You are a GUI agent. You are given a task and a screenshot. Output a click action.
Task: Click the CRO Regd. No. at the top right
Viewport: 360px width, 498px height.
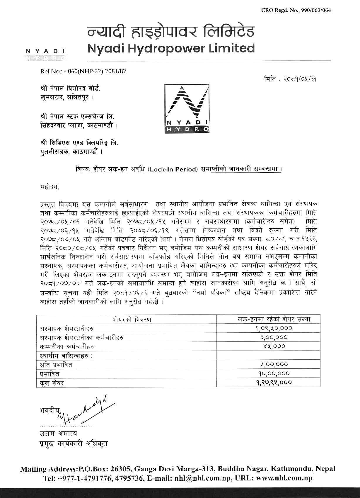point(296,10)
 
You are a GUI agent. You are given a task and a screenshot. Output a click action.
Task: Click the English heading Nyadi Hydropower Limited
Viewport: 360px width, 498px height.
point(171,48)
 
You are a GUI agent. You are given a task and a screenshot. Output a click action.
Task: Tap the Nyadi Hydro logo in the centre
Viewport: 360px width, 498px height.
point(187,109)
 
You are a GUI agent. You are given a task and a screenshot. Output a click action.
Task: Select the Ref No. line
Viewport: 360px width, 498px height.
point(83,71)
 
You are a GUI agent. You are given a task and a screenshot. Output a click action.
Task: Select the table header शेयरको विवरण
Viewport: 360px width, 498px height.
point(132,319)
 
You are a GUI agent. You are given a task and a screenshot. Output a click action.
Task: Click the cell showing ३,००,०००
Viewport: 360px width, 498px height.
point(274,337)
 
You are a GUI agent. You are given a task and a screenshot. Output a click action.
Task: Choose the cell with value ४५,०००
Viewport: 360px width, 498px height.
point(274,346)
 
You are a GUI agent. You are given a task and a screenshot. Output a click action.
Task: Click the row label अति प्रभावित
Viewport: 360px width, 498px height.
point(56,365)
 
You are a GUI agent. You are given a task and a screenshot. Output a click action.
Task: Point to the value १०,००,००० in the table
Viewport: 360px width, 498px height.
point(274,373)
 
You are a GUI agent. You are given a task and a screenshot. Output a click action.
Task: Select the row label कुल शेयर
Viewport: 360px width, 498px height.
point(52,383)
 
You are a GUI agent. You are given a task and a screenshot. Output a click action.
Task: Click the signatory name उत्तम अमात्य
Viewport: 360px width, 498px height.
point(58,434)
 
